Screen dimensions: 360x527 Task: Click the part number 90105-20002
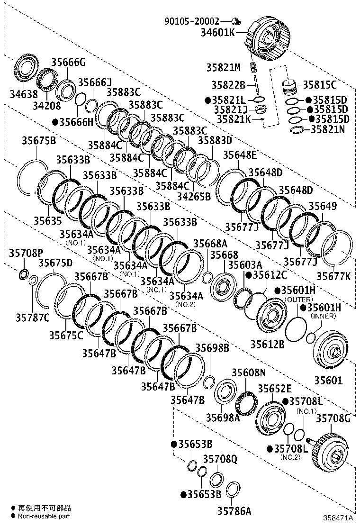coord(191,21)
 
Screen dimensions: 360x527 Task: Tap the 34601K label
coord(218,32)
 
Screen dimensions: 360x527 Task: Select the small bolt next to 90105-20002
coord(236,22)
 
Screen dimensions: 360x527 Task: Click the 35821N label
coord(327,129)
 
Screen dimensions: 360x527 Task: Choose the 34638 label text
coord(24,94)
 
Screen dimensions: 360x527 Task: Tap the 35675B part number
coord(39,140)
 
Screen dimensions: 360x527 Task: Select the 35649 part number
coord(323,206)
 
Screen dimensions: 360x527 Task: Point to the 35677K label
coord(333,276)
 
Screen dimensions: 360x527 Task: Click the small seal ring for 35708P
coord(23,274)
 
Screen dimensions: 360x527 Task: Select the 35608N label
coord(249,373)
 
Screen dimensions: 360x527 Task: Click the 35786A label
coord(234,511)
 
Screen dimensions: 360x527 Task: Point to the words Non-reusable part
coord(44,516)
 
